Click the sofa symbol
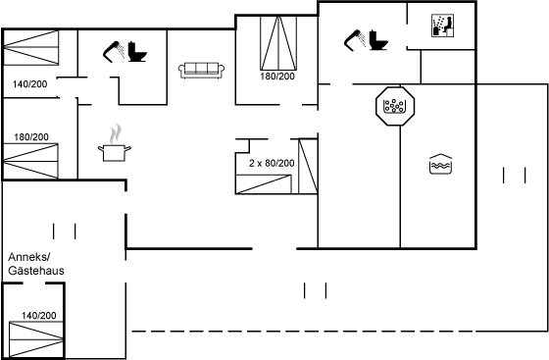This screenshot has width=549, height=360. click(201, 71)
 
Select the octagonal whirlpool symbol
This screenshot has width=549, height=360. click(395, 106)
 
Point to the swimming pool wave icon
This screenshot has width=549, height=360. click(440, 164)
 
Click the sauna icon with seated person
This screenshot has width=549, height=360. click(442, 26)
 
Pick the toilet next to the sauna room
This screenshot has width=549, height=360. click(378, 40)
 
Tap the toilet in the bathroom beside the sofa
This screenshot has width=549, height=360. click(137, 52)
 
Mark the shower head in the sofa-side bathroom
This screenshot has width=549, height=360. click(114, 52)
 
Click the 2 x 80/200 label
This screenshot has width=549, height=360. click(272, 163)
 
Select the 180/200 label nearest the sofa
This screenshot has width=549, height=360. click(277, 77)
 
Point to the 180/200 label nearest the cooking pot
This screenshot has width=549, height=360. click(31, 137)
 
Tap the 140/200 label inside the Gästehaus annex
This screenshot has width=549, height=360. click(39, 316)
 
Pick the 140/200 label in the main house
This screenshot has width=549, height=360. click(29, 84)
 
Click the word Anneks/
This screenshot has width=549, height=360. click(29, 257)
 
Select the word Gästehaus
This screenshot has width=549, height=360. click(36, 271)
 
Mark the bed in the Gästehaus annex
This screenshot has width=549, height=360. click(36, 339)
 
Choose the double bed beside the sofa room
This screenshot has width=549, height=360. click(278, 43)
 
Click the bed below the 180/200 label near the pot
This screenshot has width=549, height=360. click(30, 161)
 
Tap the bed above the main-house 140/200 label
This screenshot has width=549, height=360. click(30, 47)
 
